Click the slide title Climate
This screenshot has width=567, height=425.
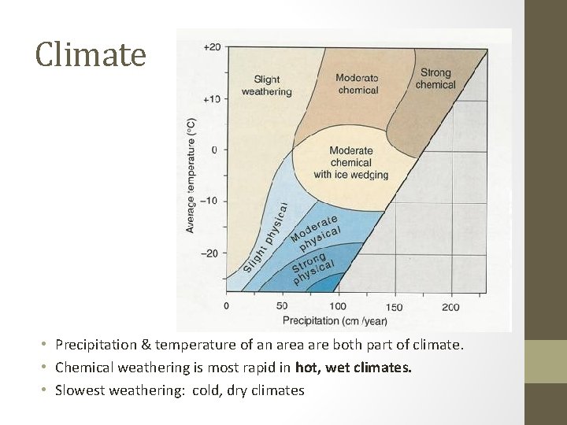coord(91,55)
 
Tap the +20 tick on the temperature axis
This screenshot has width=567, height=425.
coord(212,47)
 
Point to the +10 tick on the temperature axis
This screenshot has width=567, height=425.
coord(212,98)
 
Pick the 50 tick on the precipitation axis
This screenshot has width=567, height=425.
coord(282,306)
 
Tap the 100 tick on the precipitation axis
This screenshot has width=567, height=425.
coord(337,306)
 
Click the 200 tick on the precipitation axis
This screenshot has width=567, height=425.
coord(450,306)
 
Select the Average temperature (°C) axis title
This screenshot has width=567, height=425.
coord(191,175)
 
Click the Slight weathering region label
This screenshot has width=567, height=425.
coord(266,85)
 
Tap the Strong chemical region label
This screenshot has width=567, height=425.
coord(435,79)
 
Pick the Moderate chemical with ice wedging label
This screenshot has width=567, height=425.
coord(350,163)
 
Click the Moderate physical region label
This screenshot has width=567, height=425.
coord(316,231)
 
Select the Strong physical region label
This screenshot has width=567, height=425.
coord(313,268)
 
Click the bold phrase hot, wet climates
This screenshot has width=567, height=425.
coord(353,368)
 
